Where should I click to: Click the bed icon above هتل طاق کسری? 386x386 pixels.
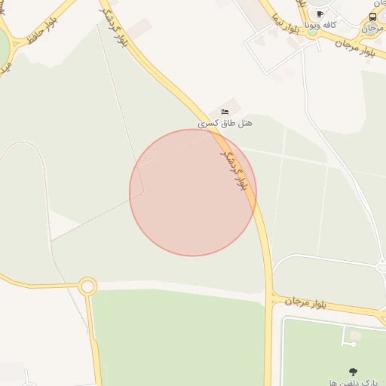tap(225, 112)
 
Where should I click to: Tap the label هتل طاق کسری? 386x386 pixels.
tap(225, 121)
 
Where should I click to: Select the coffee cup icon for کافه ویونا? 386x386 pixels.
tap(320, 14)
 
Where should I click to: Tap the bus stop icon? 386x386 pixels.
tap(373, 17)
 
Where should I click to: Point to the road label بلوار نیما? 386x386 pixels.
tap(286, 26)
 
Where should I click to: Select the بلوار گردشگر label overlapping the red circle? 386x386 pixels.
tap(233, 169)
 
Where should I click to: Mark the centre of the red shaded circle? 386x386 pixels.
tap(193, 192)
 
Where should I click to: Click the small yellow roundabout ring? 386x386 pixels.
tap(87, 286)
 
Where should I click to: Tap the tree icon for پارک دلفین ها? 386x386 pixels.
tap(353, 371)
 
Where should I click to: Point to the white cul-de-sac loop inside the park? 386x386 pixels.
tap(352, 344)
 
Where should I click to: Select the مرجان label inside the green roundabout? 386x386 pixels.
tap(370, 29)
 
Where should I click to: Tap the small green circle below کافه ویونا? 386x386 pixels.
tap(312, 32)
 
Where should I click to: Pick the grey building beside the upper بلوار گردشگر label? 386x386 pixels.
tap(138, 29)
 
